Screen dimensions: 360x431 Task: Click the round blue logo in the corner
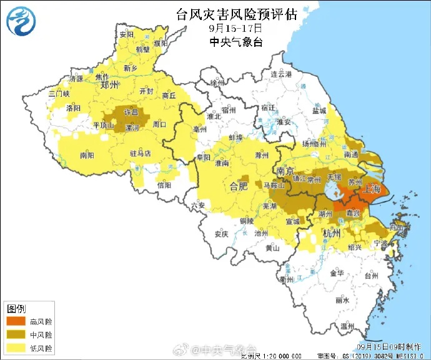click(21, 20)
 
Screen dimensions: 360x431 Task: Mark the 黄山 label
click(272, 247)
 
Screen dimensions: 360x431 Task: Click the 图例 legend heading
click(16, 309)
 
